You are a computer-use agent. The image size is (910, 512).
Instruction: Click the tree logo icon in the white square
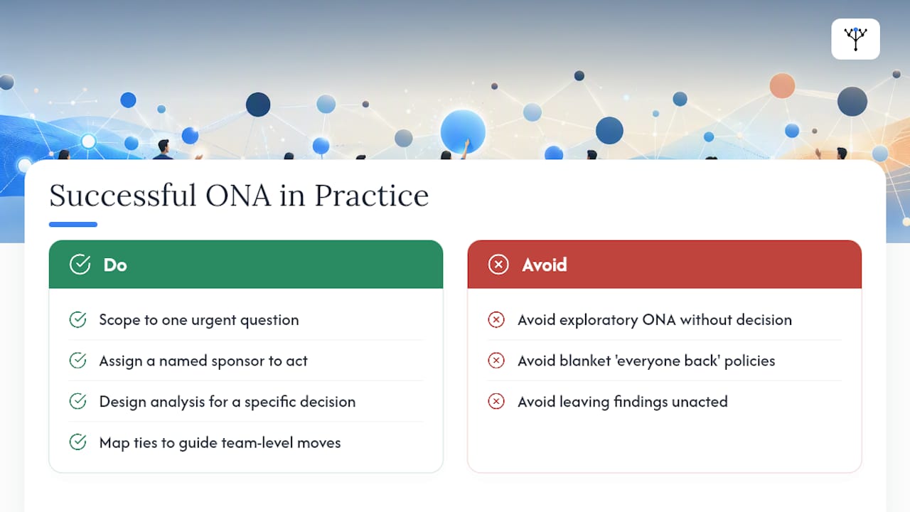click(x=855, y=39)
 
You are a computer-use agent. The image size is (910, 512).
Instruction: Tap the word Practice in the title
click(x=372, y=196)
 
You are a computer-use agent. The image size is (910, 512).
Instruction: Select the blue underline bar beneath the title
click(x=73, y=224)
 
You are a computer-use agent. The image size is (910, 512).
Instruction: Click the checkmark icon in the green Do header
click(x=80, y=265)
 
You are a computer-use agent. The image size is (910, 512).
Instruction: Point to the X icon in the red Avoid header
click(x=498, y=265)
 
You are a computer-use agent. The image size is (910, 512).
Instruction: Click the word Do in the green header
click(x=115, y=265)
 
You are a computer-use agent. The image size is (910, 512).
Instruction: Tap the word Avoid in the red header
click(x=545, y=265)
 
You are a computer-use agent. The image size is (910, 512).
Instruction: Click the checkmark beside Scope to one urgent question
click(x=77, y=320)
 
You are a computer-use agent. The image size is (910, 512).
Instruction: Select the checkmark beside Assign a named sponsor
click(x=77, y=361)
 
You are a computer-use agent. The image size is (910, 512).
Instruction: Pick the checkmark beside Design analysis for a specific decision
click(x=77, y=402)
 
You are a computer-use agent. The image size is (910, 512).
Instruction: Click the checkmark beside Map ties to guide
click(x=77, y=442)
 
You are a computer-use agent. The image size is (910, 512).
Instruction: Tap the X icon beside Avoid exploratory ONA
click(x=496, y=320)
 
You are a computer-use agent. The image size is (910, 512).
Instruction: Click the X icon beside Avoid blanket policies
click(x=496, y=361)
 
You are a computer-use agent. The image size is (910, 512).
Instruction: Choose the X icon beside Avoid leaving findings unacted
click(x=496, y=402)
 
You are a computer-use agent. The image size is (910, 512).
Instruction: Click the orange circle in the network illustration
click(x=782, y=86)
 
